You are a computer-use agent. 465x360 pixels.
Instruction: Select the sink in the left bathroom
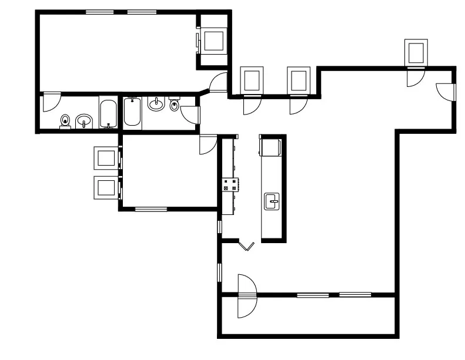click(x=85, y=122)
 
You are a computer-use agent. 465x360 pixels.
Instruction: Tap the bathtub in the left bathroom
click(x=108, y=114)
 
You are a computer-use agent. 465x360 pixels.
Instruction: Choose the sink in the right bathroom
click(x=156, y=105)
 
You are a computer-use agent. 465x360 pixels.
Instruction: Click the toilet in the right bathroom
click(x=174, y=105)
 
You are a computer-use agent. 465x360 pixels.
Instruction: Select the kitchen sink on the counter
click(x=272, y=201)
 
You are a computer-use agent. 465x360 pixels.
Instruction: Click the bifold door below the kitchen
click(x=246, y=245)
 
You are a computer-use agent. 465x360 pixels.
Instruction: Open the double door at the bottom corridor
click(x=247, y=296)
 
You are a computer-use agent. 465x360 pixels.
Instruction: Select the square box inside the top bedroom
click(x=213, y=41)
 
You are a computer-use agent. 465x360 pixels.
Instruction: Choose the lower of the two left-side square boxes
click(x=107, y=188)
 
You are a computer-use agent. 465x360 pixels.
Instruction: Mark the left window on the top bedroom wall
click(x=100, y=12)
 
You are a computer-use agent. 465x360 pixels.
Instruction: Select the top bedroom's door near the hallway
click(x=219, y=82)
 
